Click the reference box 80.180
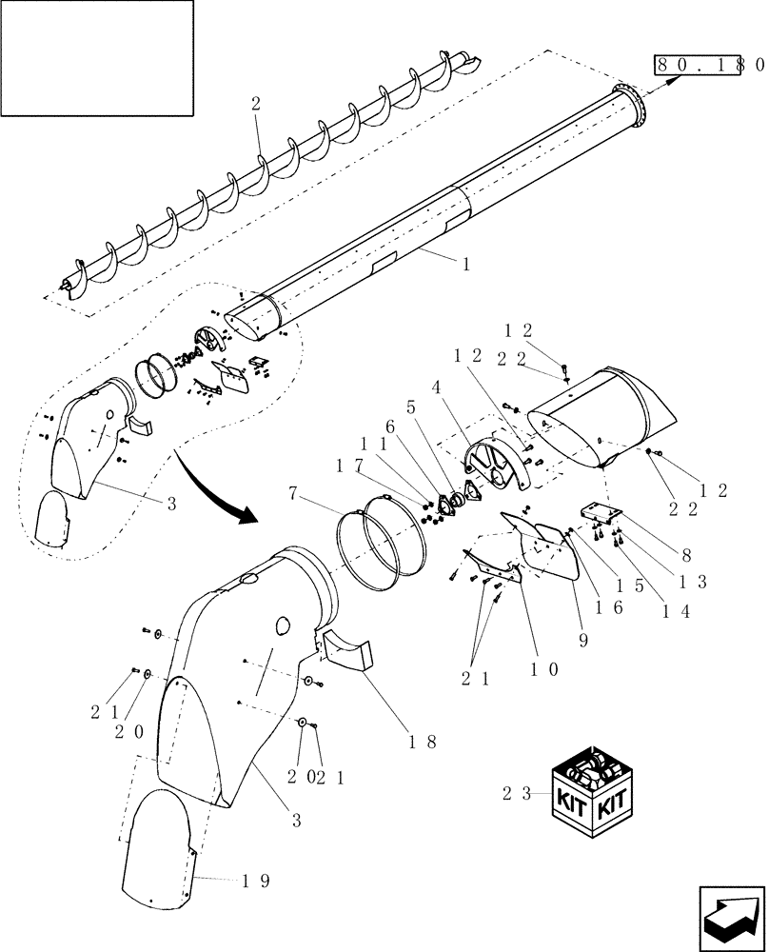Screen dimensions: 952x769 point(709,65)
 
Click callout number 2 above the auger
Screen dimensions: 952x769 point(255,106)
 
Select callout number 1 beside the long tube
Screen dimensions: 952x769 point(465,266)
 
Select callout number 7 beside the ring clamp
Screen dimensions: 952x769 point(296,493)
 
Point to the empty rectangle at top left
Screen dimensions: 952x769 point(97,57)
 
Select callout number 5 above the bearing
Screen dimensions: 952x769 point(411,406)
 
